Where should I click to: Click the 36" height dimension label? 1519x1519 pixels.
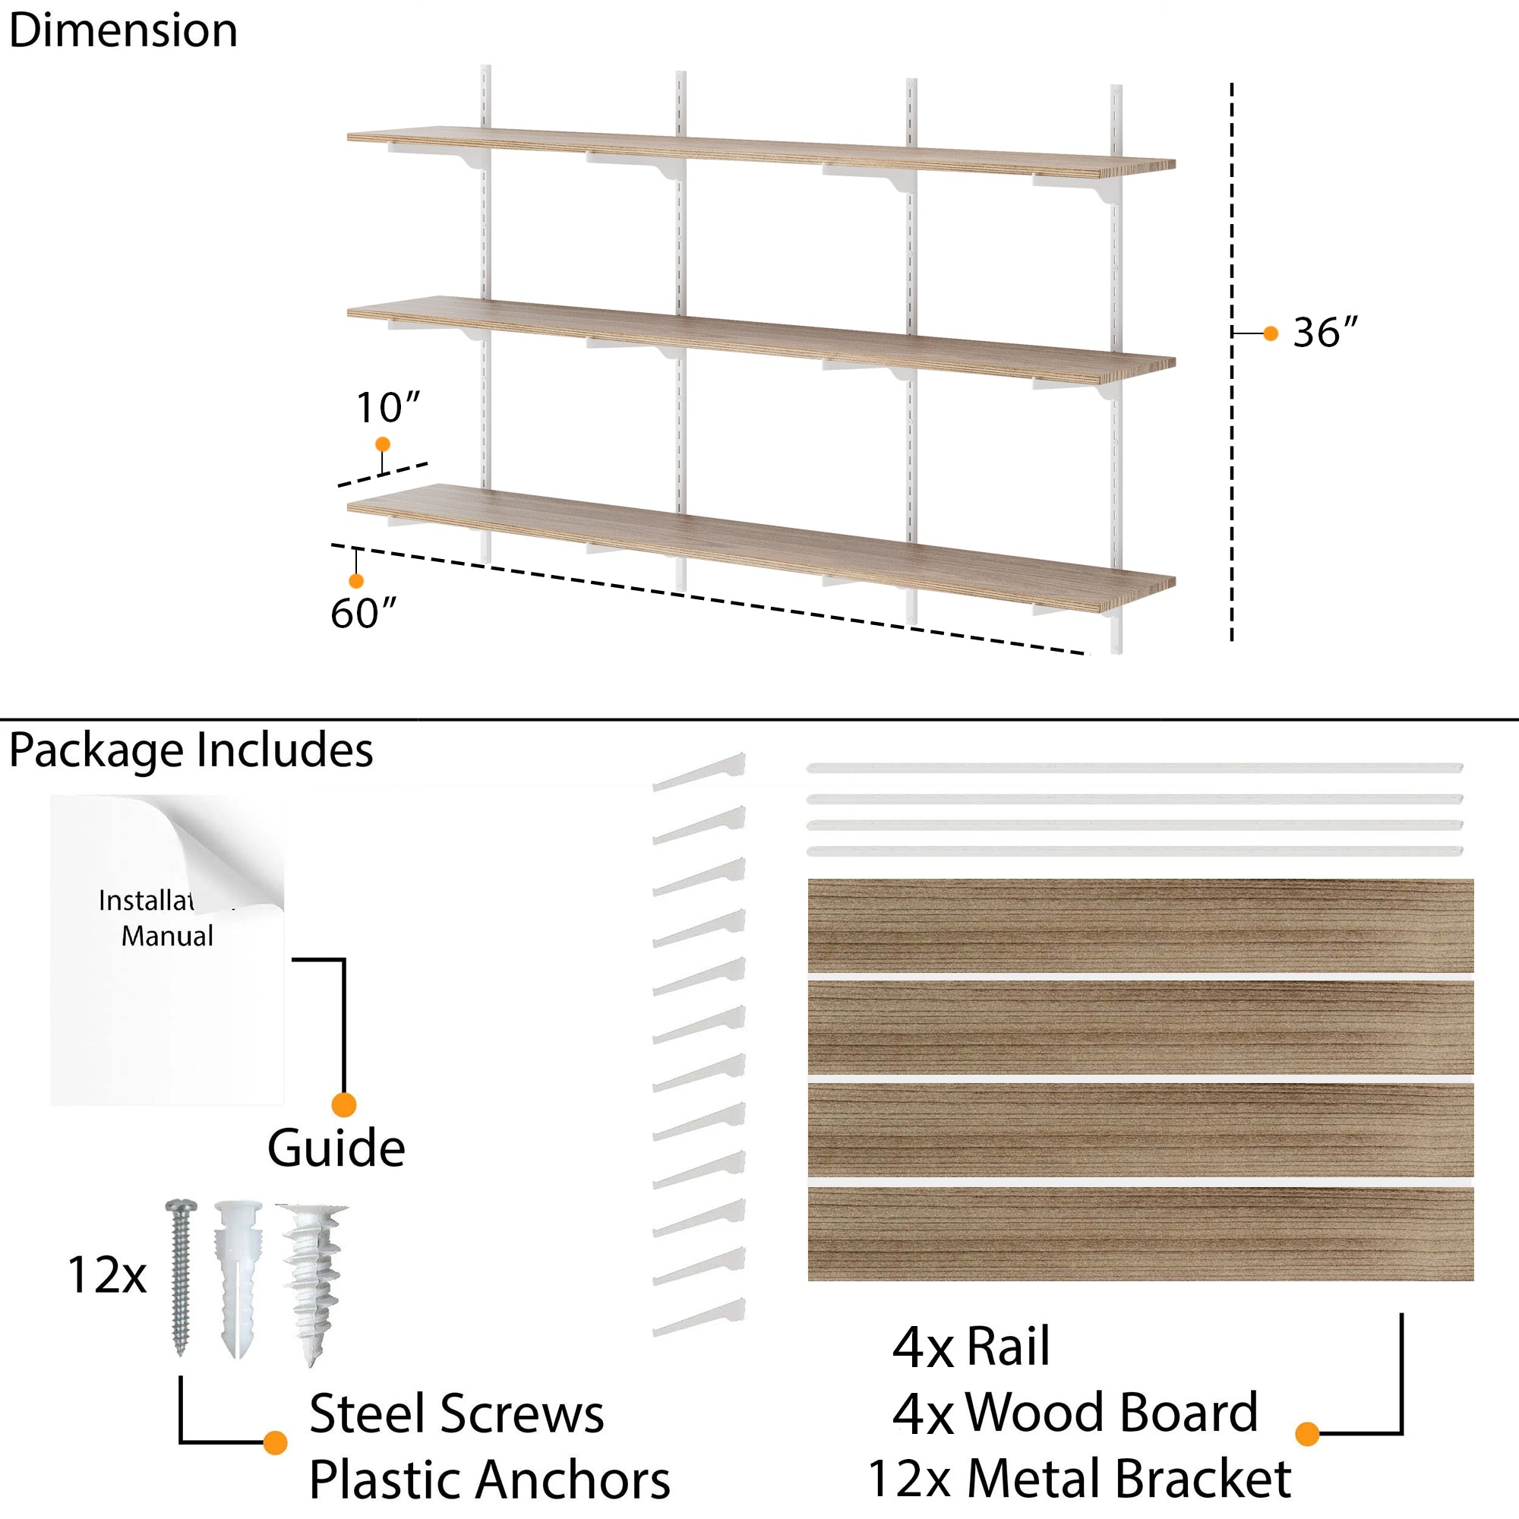coord(1325,333)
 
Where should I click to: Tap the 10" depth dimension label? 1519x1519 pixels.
coord(387,408)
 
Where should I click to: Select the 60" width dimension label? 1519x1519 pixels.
coord(362,613)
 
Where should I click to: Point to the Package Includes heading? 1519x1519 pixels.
coord(191,750)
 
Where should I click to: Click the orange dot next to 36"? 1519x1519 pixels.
coord(1271,333)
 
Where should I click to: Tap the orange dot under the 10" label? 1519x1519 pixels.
coord(383,444)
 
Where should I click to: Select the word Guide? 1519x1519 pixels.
coord(336,1148)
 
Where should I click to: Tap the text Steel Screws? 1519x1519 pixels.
coord(456,1413)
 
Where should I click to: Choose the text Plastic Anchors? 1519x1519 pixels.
coord(489,1480)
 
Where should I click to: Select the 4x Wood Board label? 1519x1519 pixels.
coord(1075,1413)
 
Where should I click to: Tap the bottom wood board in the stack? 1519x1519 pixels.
coord(1140,1233)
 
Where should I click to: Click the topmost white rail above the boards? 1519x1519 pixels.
coord(1134,768)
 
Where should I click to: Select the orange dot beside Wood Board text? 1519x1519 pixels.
coord(1306,1433)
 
